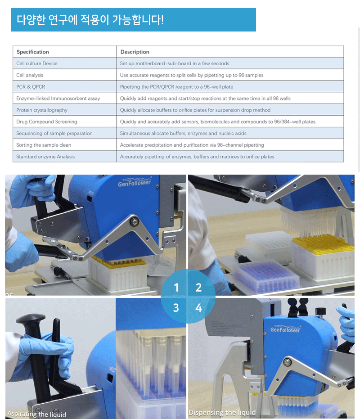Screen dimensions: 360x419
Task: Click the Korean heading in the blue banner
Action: tap(90, 20)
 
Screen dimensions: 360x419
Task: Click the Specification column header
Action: tap(33, 52)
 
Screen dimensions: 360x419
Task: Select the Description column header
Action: tap(135, 52)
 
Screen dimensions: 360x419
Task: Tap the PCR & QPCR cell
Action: tap(31, 86)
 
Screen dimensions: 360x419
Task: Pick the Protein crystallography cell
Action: tap(42, 110)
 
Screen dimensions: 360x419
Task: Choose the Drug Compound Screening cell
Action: tap(47, 122)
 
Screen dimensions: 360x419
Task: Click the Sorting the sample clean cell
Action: tap(44, 145)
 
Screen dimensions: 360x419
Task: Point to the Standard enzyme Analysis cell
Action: tap(45, 157)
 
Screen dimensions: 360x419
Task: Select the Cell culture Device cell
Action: tap(37, 63)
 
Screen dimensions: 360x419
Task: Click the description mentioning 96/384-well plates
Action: tap(217, 122)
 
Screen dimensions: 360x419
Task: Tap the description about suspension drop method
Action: tap(195, 110)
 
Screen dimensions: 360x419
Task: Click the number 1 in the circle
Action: tap(176, 288)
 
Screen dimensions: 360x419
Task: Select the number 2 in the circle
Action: tap(198, 288)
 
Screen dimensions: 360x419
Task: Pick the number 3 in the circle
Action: tap(176, 308)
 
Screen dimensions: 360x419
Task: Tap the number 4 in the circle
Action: tap(198, 308)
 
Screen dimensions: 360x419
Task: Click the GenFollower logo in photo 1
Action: tap(135, 182)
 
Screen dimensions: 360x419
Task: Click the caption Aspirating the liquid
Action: tap(36, 414)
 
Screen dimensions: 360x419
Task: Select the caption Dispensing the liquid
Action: tap(222, 412)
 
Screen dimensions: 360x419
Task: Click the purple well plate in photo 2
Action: tap(267, 276)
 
